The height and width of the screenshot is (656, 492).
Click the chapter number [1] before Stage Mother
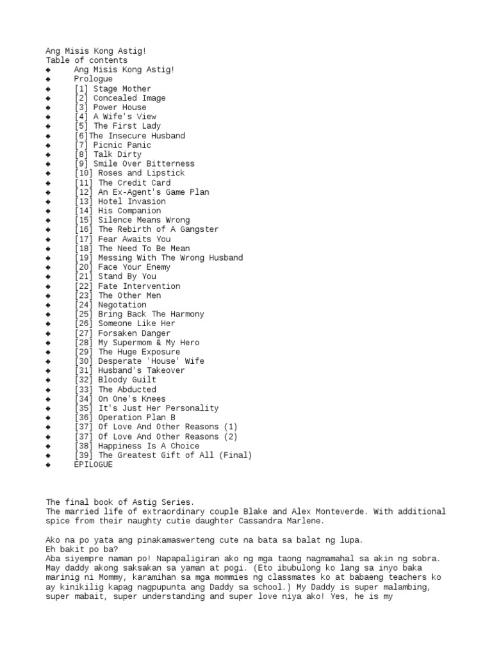coord(81,88)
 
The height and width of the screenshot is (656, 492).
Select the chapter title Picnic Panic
coord(122,145)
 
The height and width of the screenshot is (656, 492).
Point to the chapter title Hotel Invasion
coord(132,201)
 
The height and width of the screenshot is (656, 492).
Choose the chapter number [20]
coord(84,267)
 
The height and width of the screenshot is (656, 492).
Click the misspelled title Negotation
coord(122,305)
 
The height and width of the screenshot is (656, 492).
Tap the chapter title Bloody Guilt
coord(127,380)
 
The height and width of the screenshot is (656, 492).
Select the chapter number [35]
coord(84,408)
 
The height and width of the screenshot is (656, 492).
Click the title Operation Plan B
coord(137,418)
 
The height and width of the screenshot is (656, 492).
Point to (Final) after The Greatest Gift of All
coord(236,455)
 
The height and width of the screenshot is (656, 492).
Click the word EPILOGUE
coord(93,465)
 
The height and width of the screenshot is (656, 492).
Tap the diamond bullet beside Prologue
coord(48,79)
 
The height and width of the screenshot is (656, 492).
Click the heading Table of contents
coord(86,60)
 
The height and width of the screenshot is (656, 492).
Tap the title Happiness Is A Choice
coord(149,446)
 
